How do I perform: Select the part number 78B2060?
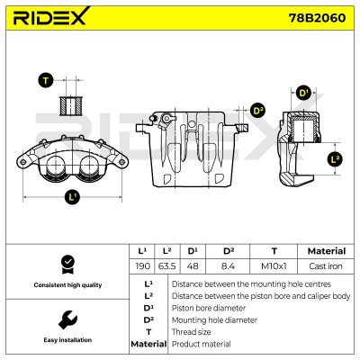[317, 18]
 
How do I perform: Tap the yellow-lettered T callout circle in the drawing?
[46, 80]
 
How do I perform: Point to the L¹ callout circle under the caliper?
[72, 197]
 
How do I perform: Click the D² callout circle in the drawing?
[257, 111]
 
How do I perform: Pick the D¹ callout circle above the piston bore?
[303, 93]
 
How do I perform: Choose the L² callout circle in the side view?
[335, 158]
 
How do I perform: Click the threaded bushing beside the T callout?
[71, 105]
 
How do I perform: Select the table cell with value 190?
[142, 266]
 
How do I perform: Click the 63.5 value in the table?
[167, 266]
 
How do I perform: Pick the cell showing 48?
[193, 266]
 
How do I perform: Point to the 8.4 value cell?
[228, 266]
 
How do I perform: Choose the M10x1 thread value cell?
[274, 266]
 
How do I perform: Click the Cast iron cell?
[326, 266]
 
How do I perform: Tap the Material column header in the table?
[327, 251]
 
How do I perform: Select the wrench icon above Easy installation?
[67, 319]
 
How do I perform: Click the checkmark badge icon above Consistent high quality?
[67, 265]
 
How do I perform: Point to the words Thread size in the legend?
[191, 332]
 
